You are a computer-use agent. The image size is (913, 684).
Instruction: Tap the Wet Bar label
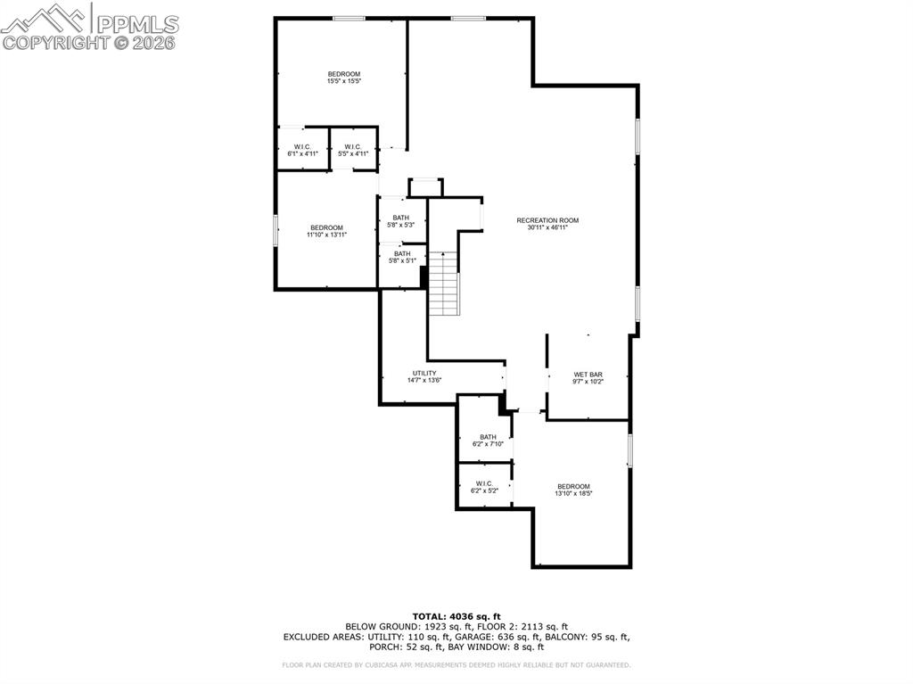pyautogui.click(x=588, y=375)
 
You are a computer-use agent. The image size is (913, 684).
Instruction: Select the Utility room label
pyautogui.click(x=424, y=373)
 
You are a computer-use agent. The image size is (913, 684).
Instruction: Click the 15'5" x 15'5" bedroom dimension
pyautogui.click(x=343, y=81)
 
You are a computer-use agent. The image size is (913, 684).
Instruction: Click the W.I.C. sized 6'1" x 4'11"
pyautogui.click(x=302, y=150)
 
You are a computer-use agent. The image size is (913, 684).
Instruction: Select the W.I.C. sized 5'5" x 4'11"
pyautogui.click(x=352, y=150)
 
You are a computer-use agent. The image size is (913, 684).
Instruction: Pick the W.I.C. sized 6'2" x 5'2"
pyautogui.click(x=484, y=487)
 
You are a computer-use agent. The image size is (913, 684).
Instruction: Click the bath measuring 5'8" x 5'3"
pyautogui.click(x=401, y=221)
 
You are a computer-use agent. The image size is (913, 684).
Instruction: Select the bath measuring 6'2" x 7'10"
pyautogui.click(x=488, y=441)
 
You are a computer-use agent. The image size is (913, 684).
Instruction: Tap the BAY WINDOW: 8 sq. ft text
pyautogui.click(x=500, y=647)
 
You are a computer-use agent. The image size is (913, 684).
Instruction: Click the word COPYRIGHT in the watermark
pyautogui.click(x=59, y=42)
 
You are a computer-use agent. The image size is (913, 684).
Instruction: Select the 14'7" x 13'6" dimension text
pyautogui.click(x=424, y=380)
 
